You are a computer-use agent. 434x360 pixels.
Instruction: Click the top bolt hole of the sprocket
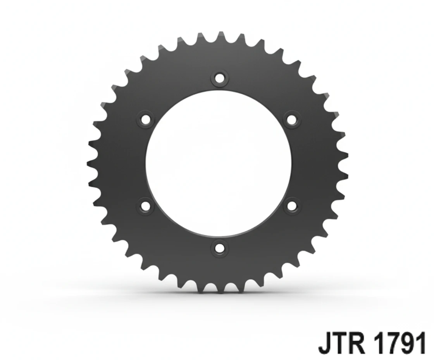[219, 78]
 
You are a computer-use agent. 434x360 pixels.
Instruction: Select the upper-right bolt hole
[292, 119]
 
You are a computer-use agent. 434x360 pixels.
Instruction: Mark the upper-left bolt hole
[146, 119]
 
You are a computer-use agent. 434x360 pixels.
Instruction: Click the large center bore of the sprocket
[219, 163]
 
